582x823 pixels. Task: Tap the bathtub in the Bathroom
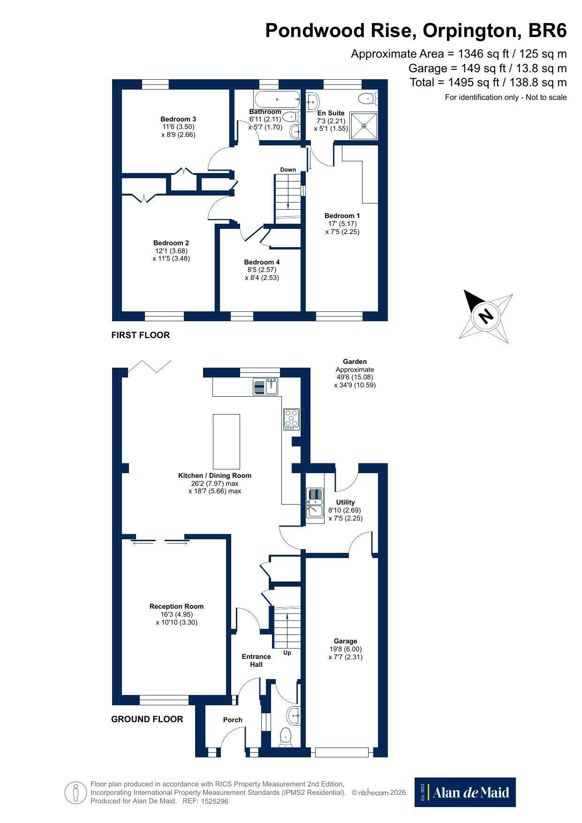coord(277,99)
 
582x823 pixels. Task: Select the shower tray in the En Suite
coord(364,126)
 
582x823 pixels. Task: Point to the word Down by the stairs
coord(288,170)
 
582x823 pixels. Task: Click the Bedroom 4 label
coord(262,262)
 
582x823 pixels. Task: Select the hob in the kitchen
coord(291,419)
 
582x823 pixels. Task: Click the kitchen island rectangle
coord(227,441)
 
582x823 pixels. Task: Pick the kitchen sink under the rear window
coord(266,387)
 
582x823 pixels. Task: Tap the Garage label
coord(346,641)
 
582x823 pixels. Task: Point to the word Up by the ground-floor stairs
coord(287,653)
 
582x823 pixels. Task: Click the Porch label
coord(233,720)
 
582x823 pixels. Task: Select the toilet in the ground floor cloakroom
coord(286,737)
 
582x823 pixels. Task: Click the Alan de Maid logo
coord(465,792)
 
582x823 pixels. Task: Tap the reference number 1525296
coord(214,801)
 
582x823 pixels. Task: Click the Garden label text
coord(355,362)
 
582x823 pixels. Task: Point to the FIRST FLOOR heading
coord(140,335)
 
